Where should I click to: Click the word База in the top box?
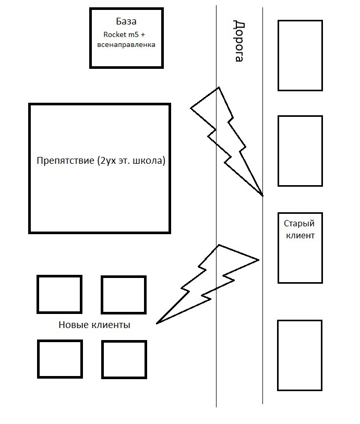click(x=126, y=22)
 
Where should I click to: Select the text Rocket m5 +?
click(x=126, y=34)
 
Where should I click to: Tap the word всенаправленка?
click(x=126, y=45)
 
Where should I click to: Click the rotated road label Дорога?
click(x=238, y=41)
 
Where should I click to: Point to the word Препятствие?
click(x=66, y=161)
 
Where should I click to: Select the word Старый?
click(x=299, y=224)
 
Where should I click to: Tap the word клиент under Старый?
click(x=299, y=235)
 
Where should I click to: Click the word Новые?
click(x=74, y=325)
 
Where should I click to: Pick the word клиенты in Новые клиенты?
click(x=111, y=325)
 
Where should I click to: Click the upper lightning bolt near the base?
click(x=226, y=138)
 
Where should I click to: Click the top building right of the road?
click(x=299, y=55)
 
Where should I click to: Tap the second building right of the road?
click(x=299, y=151)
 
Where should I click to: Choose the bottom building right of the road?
click(x=299, y=355)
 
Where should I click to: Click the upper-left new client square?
click(x=59, y=294)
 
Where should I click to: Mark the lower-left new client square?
click(x=60, y=359)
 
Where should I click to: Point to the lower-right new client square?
click(x=124, y=359)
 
